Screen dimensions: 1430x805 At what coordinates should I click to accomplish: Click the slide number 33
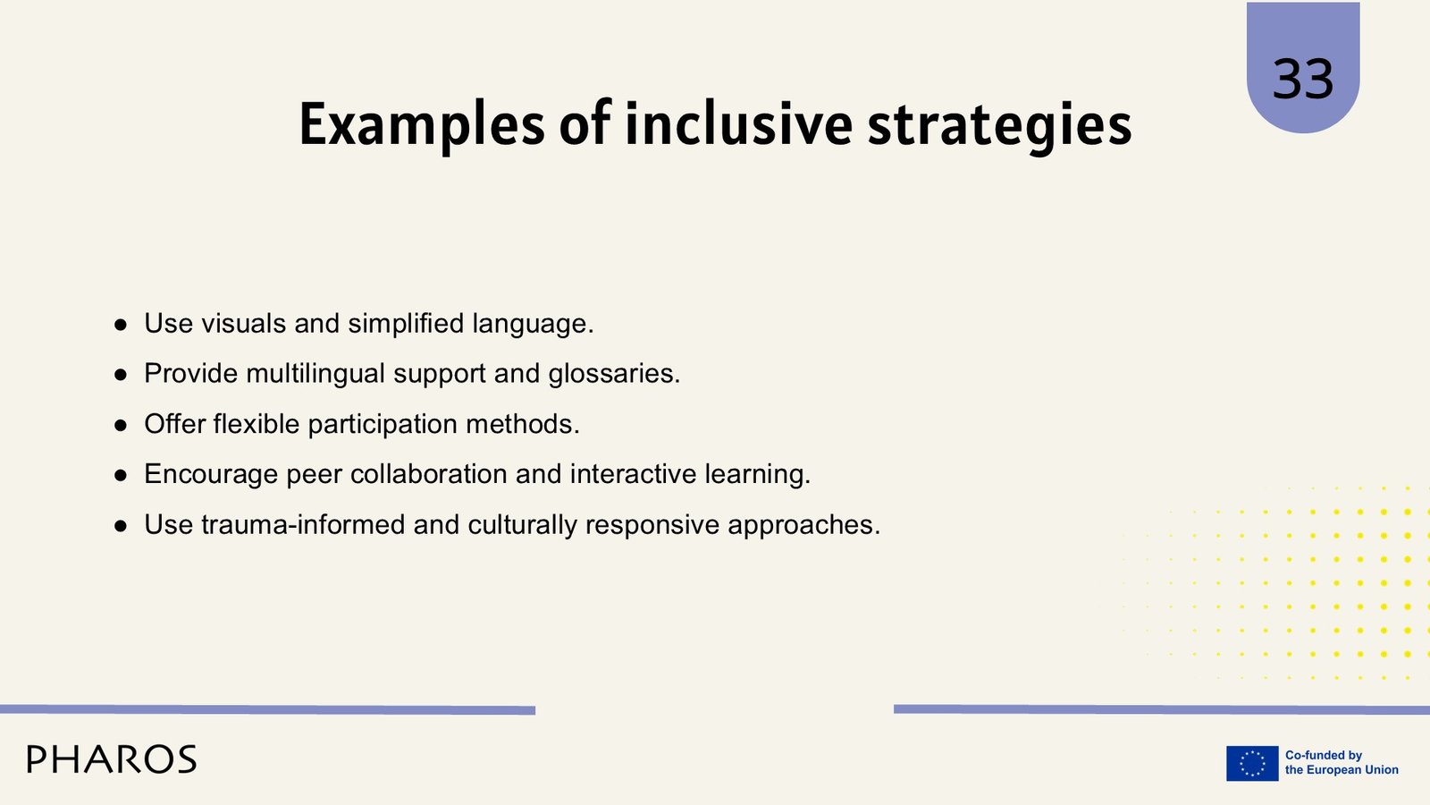coord(1303,79)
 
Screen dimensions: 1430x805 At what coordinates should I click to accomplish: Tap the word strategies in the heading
coord(1000,126)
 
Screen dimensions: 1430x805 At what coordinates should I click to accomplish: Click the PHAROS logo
coord(112,759)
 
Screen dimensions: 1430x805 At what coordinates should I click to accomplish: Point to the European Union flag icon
coord(1252,763)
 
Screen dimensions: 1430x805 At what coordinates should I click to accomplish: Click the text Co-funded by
coord(1324,755)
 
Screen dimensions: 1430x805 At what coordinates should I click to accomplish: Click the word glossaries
coord(614,374)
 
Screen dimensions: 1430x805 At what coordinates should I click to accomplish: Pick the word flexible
coord(256,424)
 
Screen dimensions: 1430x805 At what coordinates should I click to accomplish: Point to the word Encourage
coord(211,475)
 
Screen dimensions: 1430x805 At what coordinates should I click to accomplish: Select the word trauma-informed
coord(303,524)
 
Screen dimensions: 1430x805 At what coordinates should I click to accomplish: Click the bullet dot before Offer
coord(121,426)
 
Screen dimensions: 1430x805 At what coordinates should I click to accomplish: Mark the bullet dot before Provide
coord(121,375)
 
